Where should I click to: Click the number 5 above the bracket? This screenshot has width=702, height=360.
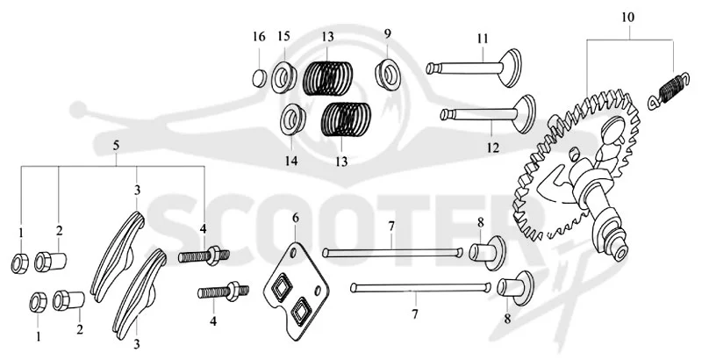click(x=117, y=146)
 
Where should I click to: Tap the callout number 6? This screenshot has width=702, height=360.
click(x=296, y=219)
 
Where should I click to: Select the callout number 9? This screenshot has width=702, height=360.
click(x=387, y=34)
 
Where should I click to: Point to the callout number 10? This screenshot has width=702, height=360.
click(x=627, y=18)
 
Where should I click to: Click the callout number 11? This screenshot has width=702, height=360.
click(x=482, y=39)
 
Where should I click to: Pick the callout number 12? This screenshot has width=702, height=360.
click(x=493, y=148)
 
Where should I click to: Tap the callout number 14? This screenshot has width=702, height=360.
click(x=291, y=161)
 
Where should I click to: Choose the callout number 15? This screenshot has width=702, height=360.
click(x=283, y=36)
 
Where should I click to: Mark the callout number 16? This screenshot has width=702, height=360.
click(x=259, y=37)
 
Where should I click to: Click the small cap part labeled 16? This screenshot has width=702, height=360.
click(x=259, y=78)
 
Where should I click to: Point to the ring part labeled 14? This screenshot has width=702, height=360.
click(x=293, y=119)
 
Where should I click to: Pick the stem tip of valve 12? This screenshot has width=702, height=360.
click(x=444, y=114)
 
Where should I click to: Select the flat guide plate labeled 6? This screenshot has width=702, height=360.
click(x=296, y=292)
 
